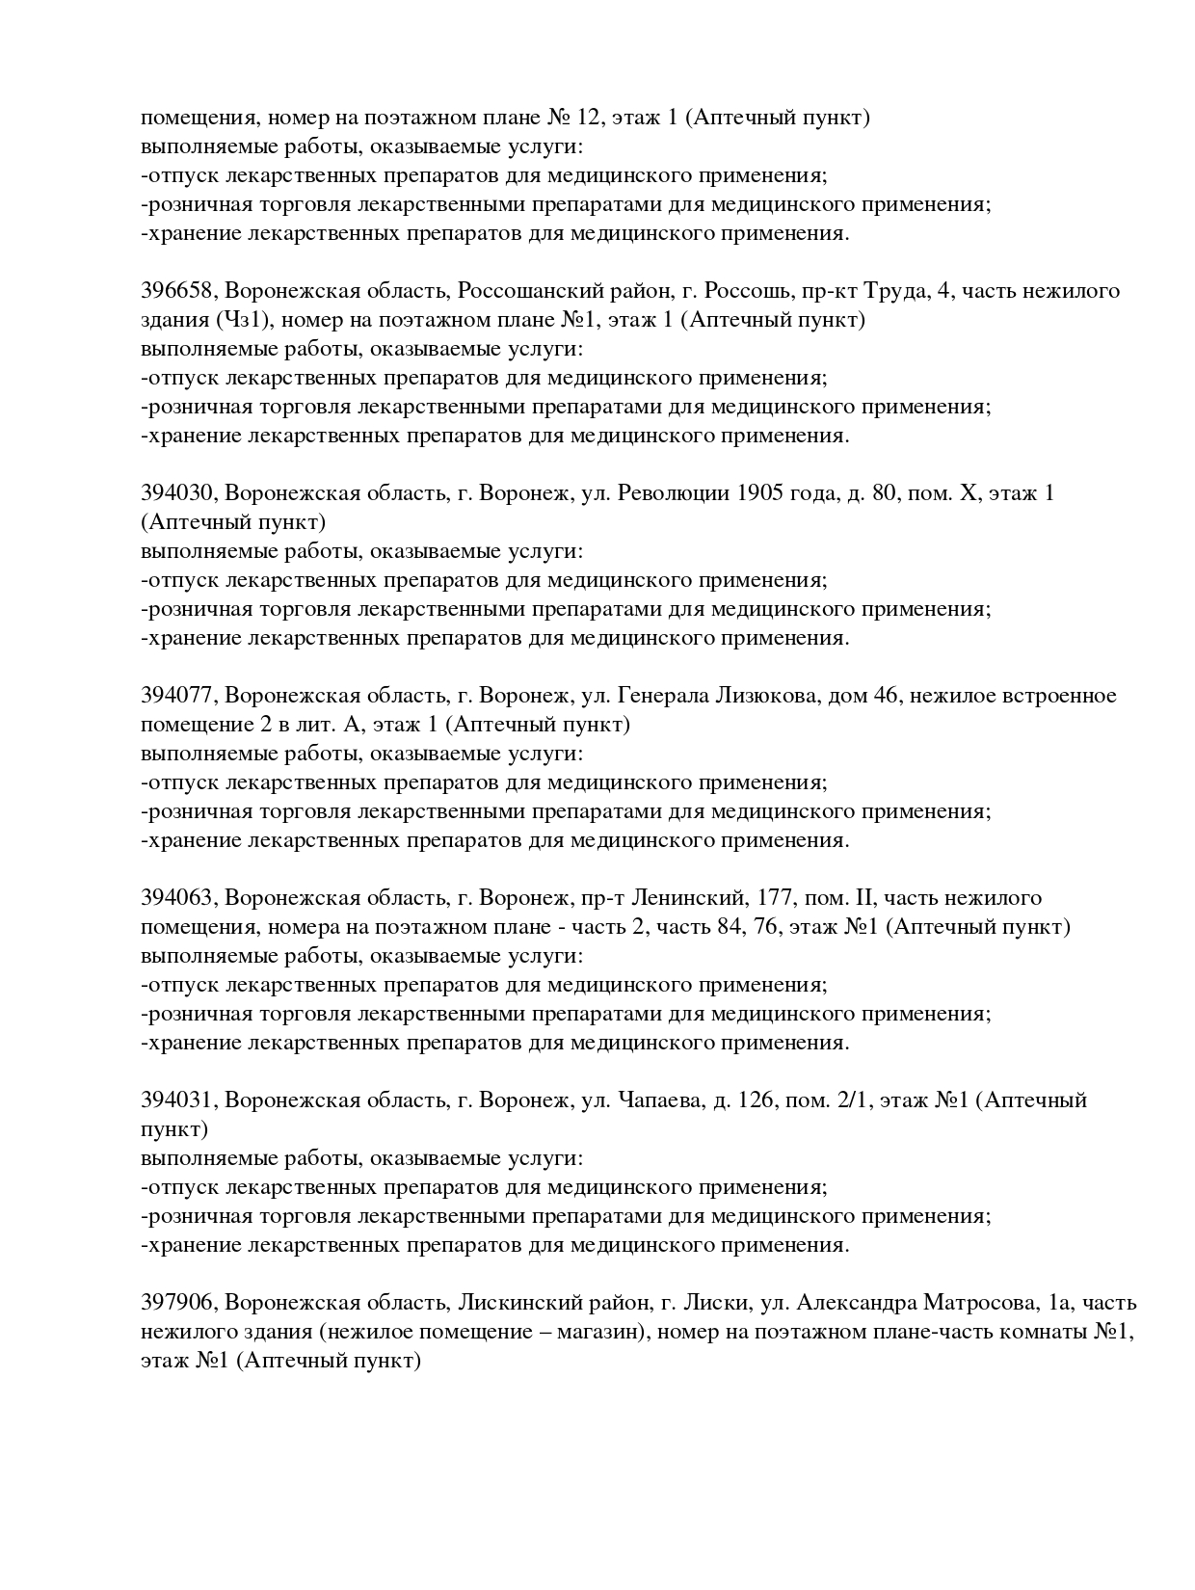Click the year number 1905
pos(759,493)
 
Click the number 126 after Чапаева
pos(756,1100)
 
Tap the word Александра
pos(855,1303)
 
